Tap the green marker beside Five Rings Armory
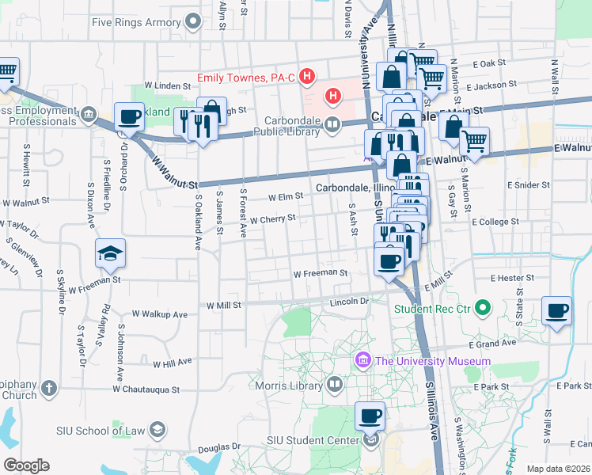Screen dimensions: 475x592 coord(192,21)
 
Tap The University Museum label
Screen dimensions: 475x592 coord(433,361)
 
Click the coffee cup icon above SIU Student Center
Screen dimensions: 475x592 coord(370,415)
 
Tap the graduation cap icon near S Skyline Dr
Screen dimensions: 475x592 coord(111,253)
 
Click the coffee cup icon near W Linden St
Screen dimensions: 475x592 coord(130,116)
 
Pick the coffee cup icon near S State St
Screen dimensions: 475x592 coord(557,310)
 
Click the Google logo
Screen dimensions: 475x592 coord(26,465)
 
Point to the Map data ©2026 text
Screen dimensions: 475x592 coord(558,469)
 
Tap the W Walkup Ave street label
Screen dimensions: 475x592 coord(160,314)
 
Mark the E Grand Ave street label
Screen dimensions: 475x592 coord(491,345)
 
